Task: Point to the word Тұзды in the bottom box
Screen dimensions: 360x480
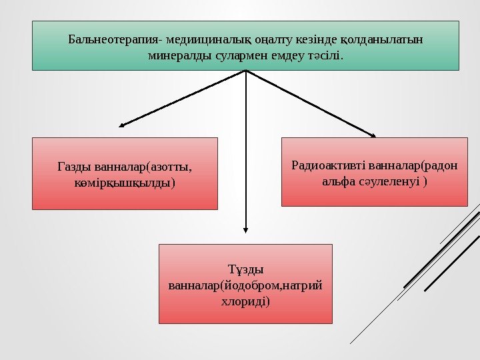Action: click(x=245, y=270)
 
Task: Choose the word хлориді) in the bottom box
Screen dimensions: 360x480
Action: click(x=245, y=301)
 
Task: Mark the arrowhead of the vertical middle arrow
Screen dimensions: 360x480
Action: click(x=246, y=230)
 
